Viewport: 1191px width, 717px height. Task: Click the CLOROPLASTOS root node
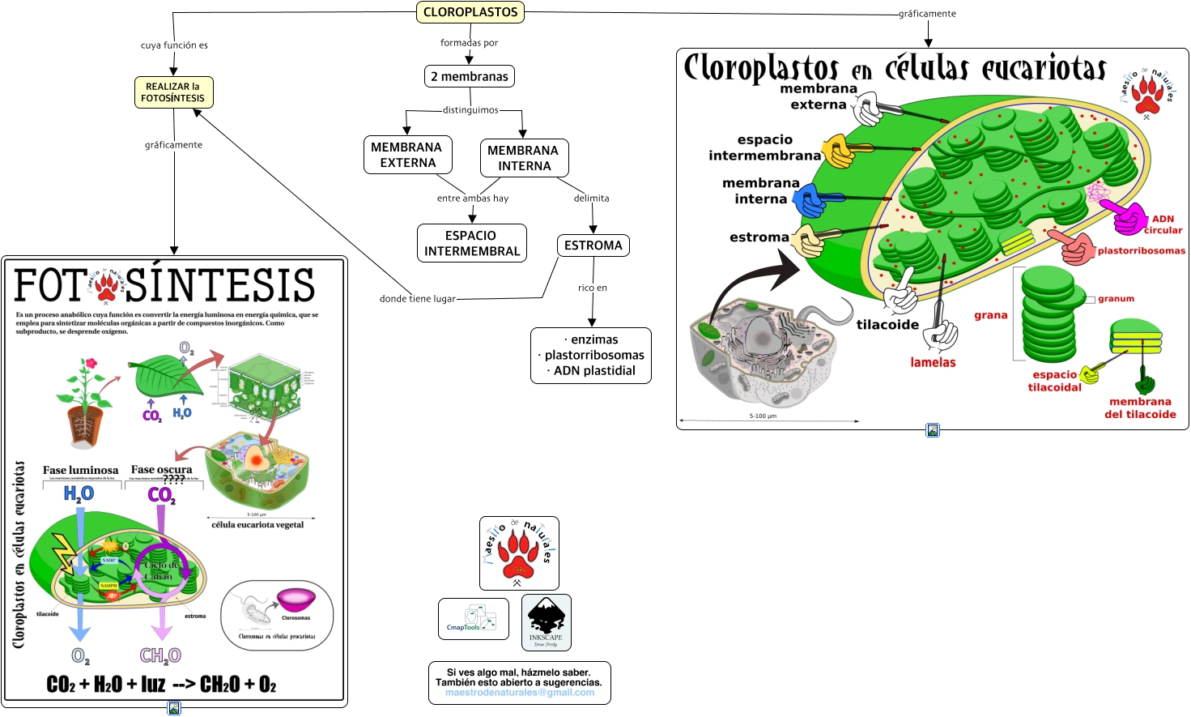tap(470, 12)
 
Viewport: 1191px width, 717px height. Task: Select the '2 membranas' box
tap(470, 76)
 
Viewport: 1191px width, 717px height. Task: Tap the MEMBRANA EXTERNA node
tap(407, 155)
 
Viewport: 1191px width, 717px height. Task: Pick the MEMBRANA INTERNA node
tap(524, 158)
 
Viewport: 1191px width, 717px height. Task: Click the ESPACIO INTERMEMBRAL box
tap(472, 243)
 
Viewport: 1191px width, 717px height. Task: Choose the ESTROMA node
tap(593, 245)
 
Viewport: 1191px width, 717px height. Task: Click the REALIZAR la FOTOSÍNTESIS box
tap(173, 92)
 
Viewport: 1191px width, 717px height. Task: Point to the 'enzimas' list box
tap(591, 355)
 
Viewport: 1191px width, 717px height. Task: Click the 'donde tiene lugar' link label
tap(418, 299)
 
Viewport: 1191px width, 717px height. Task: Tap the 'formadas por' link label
tap(469, 43)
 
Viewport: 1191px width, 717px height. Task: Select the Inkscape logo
tap(547, 622)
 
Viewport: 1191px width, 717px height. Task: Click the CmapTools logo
tap(474, 619)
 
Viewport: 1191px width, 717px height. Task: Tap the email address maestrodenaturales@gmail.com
tap(520, 693)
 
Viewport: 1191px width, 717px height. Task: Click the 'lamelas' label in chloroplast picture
tap(933, 363)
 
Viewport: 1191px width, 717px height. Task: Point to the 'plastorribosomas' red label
tap(1141, 251)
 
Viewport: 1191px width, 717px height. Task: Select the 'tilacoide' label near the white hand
tap(887, 325)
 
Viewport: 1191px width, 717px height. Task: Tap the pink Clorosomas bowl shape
tap(296, 599)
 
